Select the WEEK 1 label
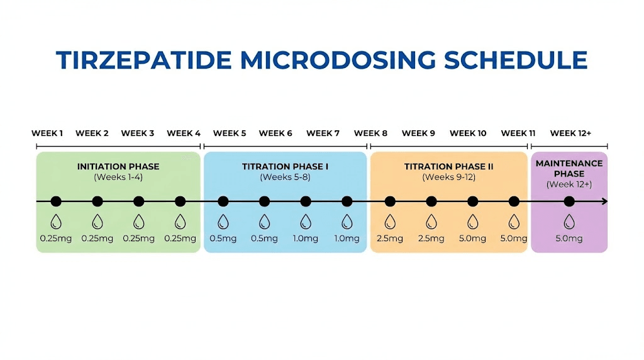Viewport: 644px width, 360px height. click(x=47, y=133)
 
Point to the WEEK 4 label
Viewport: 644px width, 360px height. click(x=184, y=133)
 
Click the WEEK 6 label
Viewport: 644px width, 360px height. click(x=275, y=133)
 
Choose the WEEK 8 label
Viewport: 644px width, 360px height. click(x=370, y=133)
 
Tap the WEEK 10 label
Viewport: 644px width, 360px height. click(x=468, y=133)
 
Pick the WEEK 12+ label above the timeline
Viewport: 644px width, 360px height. click(x=570, y=133)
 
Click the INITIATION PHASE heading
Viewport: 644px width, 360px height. click(x=118, y=167)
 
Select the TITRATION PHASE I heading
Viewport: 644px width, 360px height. click(x=285, y=167)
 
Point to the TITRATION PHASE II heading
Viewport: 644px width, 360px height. click(x=448, y=167)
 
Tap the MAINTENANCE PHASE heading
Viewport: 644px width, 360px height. click(x=569, y=169)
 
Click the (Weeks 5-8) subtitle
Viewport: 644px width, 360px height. click(x=285, y=177)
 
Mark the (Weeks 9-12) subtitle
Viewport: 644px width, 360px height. click(x=448, y=177)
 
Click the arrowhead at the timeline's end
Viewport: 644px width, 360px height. click(x=604, y=201)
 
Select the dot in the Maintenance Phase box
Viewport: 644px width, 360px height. click(x=569, y=201)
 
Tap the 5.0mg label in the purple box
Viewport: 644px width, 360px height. click(x=569, y=239)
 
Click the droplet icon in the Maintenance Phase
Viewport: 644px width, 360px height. click(x=569, y=221)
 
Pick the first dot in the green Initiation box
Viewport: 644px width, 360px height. click(x=56, y=201)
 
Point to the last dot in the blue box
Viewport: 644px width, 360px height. click(x=347, y=201)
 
